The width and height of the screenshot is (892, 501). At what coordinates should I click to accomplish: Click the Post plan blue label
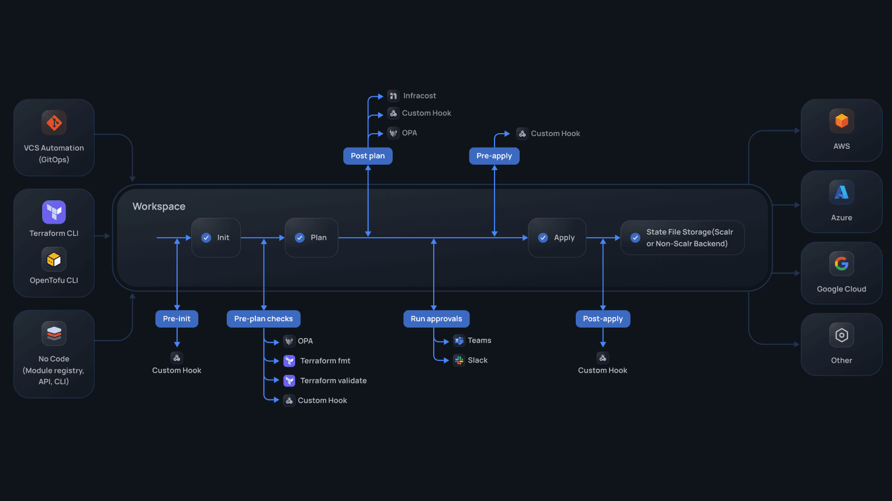tap(368, 156)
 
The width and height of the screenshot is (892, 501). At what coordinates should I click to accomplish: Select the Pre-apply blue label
tap(494, 156)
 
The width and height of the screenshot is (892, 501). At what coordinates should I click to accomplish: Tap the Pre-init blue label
tap(177, 319)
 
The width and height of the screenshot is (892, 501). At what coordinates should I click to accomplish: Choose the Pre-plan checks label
tap(263, 319)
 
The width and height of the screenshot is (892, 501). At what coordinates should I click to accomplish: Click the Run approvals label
tap(436, 319)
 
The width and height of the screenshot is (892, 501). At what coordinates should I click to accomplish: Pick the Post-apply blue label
tap(603, 319)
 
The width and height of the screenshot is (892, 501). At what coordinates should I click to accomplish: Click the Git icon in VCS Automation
tap(54, 123)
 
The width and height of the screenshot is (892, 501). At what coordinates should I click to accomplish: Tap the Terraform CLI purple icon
tap(54, 212)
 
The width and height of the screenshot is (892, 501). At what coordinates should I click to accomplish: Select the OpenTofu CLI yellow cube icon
tap(54, 259)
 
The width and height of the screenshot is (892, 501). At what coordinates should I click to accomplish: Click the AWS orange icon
tap(841, 121)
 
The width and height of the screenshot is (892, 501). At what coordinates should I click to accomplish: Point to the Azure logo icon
tap(841, 192)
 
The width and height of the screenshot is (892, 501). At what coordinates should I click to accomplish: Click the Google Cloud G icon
tap(841, 264)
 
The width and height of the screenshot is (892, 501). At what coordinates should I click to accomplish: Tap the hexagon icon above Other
tap(841, 335)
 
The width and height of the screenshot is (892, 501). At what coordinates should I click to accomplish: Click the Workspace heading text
tap(159, 207)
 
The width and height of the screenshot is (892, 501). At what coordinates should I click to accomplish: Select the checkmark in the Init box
tap(206, 238)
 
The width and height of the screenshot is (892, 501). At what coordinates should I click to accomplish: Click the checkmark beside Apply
tap(543, 238)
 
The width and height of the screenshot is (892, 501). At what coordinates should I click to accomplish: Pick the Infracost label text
tap(419, 96)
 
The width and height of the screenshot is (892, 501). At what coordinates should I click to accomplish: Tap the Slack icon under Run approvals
tap(459, 360)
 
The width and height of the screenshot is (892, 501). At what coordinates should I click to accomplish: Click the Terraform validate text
tap(333, 381)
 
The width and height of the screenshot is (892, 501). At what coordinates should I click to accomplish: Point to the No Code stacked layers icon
tap(54, 333)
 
